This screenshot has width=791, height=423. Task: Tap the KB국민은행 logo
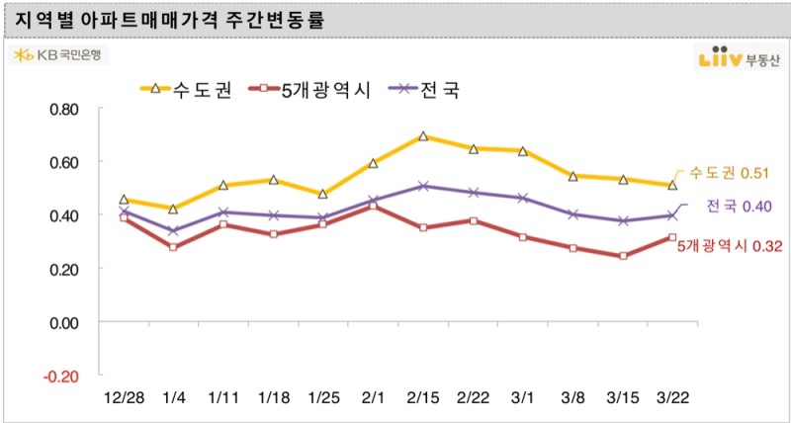click(x=59, y=55)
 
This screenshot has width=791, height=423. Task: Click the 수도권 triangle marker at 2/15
click(x=423, y=136)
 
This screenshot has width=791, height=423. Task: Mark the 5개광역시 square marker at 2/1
click(x=373, y=206)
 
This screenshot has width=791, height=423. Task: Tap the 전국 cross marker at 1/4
click(x=173, y=231)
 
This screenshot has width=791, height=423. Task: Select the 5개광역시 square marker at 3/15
click(x=623, y=256)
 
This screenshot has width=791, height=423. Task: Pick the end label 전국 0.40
click(x=738, y=206)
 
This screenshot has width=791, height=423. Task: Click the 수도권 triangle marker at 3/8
click(x=572, y=176)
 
